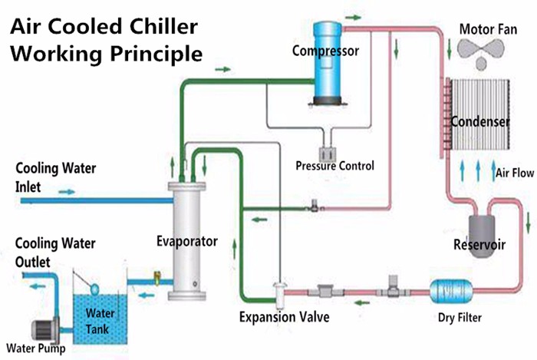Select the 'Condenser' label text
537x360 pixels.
coord(480,122)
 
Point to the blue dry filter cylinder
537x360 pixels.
coord(450,291)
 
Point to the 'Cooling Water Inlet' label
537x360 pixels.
coord(51,177)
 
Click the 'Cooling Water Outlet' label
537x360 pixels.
coord(51,253)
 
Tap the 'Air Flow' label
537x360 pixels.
coord(515,173)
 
